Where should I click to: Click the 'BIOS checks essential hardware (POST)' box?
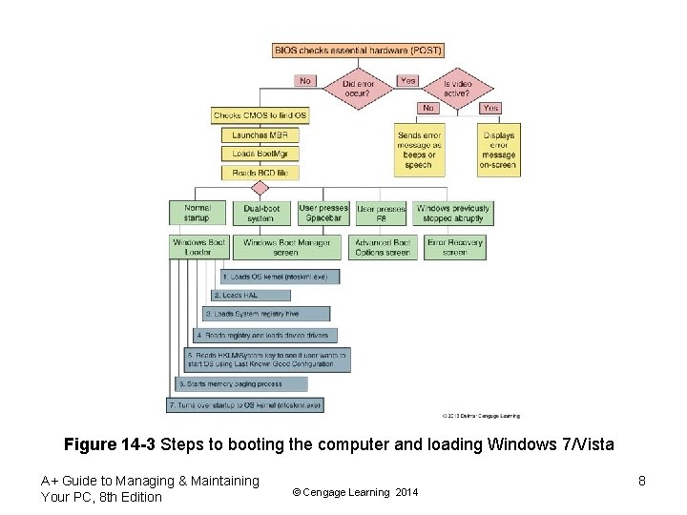point(358,50)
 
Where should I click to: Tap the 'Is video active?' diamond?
point(458,89)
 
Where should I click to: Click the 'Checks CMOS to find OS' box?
point(260,115)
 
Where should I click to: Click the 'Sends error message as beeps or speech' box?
point(419,150)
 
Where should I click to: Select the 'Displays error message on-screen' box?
point(499,150)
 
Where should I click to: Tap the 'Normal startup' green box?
point(198,213)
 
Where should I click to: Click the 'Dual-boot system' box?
point(260,213)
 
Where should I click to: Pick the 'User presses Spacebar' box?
point(323,213)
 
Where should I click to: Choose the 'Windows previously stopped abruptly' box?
point(453,213)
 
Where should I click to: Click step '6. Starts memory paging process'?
point(241,383)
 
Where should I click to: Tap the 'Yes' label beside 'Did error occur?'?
point(407,80)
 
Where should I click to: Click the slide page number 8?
point(642,481)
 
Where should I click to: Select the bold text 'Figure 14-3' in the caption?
point(110,444)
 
